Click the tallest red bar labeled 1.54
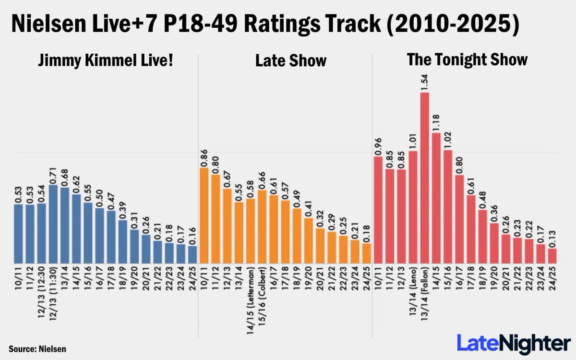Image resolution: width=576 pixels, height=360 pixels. tap(424, 178)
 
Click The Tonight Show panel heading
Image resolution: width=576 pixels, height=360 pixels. tap(467, 60)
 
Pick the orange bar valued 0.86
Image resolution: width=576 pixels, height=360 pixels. tap(204, 215)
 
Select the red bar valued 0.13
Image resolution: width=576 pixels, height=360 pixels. tap(552, 255)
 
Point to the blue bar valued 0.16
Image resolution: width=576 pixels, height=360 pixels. tap(192, 254)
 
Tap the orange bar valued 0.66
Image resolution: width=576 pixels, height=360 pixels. tap(262, 226)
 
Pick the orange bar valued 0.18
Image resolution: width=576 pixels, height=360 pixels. tap(366, 253)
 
